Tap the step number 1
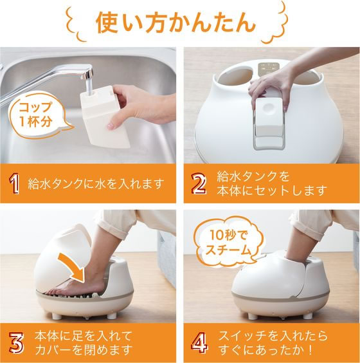coord(14,184)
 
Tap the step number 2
coord(199,184)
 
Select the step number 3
coord(16,343)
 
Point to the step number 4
coord(199,342)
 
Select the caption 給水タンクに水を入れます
coord(96,184)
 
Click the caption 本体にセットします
coord(272,191)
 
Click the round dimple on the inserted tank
coord(268,107)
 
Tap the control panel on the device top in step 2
coord(269,68)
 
